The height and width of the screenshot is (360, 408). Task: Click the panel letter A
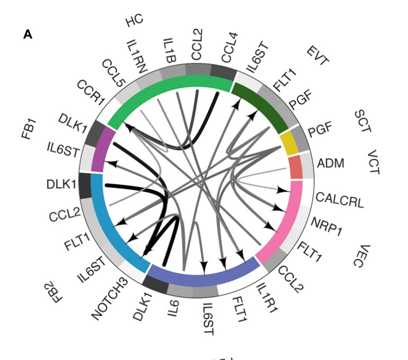28,34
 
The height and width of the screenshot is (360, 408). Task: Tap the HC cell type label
134,21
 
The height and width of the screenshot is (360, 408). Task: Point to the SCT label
362,122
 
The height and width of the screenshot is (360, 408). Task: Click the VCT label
373,163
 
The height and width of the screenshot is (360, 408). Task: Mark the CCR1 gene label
90,92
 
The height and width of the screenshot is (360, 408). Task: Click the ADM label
331,162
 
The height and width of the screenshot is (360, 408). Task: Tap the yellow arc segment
289,143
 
